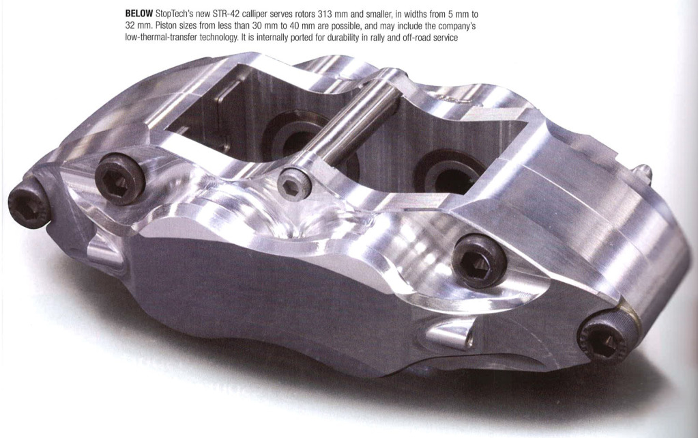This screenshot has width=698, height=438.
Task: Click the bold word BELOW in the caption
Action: [x=139, y=14]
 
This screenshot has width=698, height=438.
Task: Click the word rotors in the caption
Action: [x=306, y=14]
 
